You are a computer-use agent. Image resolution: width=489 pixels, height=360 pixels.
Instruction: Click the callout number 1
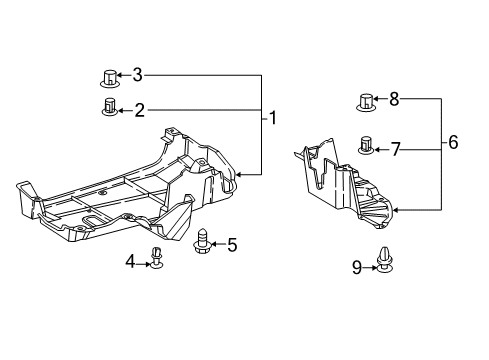[272, 118]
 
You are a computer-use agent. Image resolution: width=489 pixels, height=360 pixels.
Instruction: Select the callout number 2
[140, 109]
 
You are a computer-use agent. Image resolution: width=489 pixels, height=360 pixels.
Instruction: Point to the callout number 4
[131, 262]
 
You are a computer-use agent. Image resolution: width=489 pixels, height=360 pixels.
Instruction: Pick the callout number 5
[231, 243]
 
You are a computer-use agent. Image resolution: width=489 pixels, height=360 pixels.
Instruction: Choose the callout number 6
[453, 143]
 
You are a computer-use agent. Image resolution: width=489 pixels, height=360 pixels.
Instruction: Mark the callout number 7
[396, 149]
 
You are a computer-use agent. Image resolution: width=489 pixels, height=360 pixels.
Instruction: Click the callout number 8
[394, 98]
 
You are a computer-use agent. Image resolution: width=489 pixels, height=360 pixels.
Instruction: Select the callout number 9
[355, 266]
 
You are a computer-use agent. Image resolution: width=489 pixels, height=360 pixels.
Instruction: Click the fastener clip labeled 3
[111, 75]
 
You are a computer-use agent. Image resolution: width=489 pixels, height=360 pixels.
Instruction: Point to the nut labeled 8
[366, 100]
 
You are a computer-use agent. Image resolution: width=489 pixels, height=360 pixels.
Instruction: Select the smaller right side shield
[345, 185]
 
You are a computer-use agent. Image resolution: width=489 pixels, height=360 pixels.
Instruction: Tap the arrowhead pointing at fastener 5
[214, 243]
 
